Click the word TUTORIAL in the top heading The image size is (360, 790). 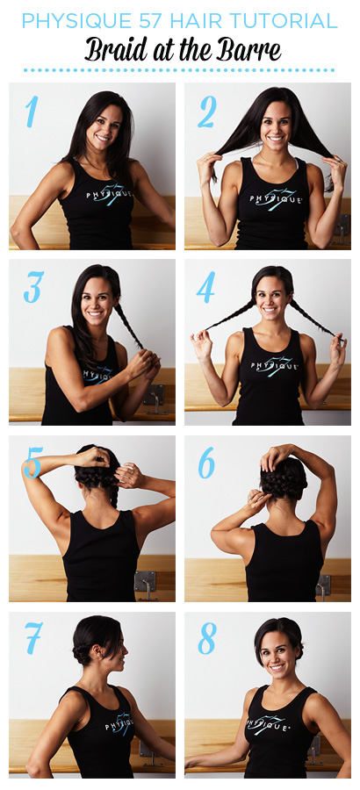point(283,20)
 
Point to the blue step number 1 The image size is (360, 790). point(32,111)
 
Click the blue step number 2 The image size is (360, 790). point(206,111)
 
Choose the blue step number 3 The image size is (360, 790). point(33,287)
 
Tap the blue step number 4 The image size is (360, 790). point(205,287)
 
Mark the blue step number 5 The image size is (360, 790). point(32,462)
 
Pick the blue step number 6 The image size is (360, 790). point(206,462)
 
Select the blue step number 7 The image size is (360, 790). point(33,638)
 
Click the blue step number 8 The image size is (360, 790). point(207,638)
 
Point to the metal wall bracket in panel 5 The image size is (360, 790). point(146,585)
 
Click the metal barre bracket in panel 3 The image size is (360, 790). point(154,398)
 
